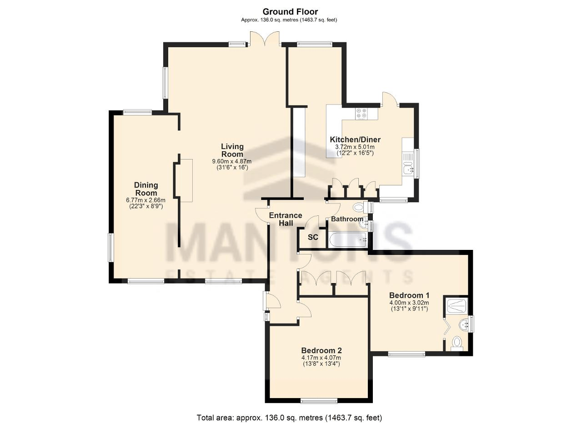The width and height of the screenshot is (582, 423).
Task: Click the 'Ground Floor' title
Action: tap(291, 12)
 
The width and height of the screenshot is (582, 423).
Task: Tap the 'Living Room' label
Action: tap(232, 150)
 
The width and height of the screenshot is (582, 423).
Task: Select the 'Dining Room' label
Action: tap(146, 189)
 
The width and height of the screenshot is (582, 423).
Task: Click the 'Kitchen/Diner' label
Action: tap(355, 139)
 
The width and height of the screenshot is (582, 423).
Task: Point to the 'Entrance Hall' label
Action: tap(286, 219)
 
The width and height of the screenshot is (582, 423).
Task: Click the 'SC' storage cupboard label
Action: tap(313, 237)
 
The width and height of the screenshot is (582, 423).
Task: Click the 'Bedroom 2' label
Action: tap(321, 350)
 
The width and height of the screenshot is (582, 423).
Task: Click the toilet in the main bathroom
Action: tap(359, 208)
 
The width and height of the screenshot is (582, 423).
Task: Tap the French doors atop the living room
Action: tap(265, 39)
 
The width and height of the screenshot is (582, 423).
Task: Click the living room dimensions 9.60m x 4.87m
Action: tap(232, 161)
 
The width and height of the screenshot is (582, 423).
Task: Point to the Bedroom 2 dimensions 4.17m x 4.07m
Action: tap(321, 358)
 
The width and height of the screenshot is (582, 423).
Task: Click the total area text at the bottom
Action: tap(289, 417)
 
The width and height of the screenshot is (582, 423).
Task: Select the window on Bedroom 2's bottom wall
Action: tap(319, 400)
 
